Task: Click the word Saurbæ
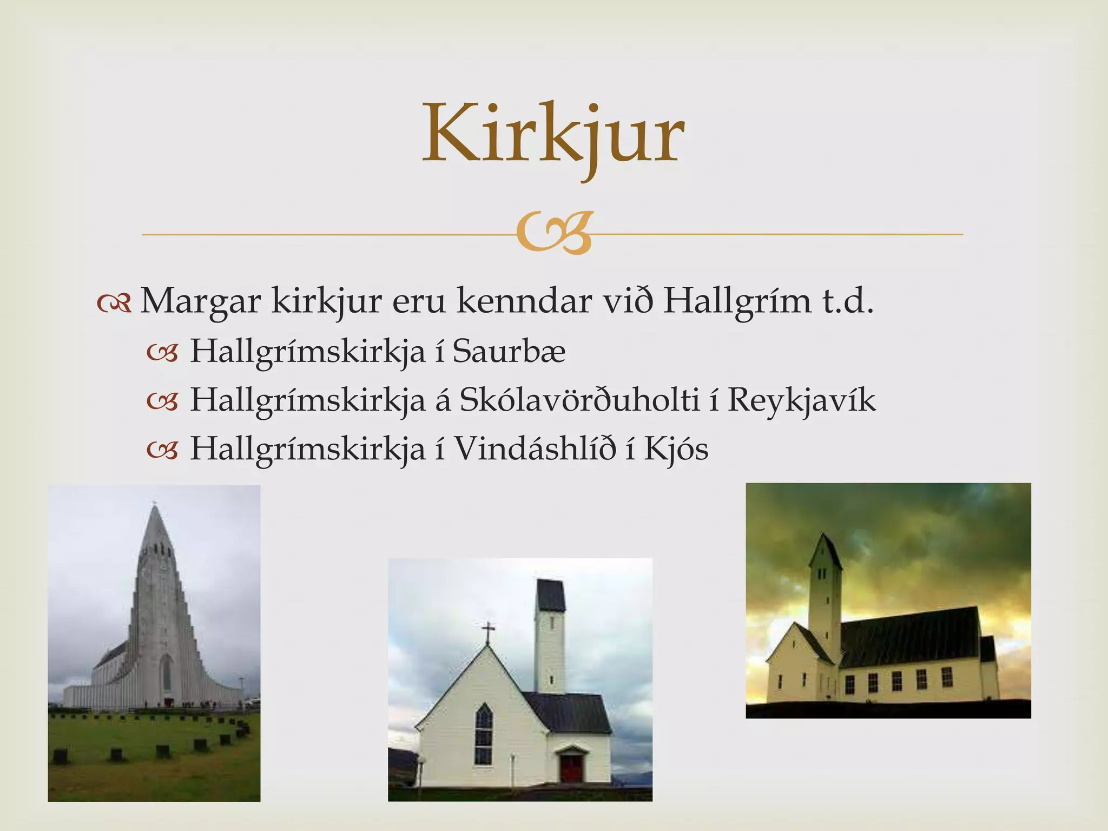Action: point(509,351)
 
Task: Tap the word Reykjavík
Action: point(801,401)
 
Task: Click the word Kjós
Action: point(676,449)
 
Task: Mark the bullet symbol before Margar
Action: point(114,304)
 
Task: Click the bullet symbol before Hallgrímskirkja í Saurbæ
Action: point(162,353)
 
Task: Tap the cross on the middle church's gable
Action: point(488,631)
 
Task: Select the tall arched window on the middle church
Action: point(483,733)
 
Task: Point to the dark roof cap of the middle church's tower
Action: point(551,595)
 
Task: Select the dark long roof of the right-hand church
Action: point(909,636)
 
